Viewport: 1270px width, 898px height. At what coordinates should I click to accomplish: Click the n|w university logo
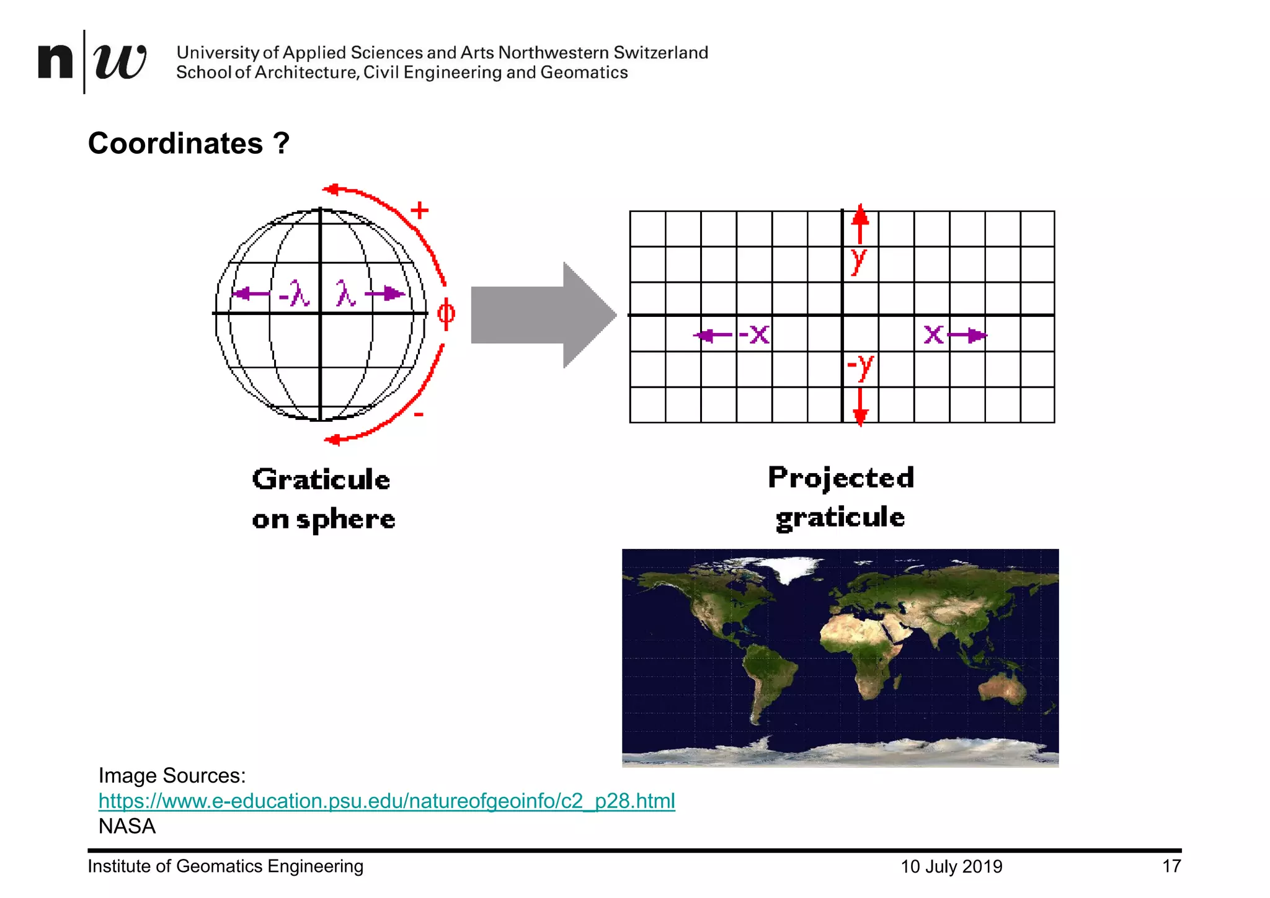point(92,61)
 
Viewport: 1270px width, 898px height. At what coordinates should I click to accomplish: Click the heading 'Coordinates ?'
point(189,143)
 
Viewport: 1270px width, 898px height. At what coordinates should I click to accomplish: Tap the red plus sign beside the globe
point(420,210)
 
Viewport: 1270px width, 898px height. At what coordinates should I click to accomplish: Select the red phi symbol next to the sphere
point(446,313)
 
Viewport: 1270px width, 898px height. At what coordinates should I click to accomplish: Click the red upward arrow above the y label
point(859,223)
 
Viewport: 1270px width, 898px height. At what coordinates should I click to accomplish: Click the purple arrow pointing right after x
point(967,336)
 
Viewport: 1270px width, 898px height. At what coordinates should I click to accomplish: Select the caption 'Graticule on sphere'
point(322,499)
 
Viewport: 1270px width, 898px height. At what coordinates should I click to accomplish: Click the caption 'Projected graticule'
point(840,497)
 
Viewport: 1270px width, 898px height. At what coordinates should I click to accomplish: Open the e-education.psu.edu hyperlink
point(386,801)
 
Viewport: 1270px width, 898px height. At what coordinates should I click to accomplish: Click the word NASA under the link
point(127,826)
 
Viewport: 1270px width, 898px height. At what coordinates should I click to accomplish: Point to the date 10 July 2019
point(951,866)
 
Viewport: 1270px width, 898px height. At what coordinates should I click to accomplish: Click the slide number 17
point(1171,866)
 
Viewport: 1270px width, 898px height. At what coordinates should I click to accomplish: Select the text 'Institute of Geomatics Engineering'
point(225,866)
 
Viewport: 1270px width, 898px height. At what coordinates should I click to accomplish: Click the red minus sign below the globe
point(419,414)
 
